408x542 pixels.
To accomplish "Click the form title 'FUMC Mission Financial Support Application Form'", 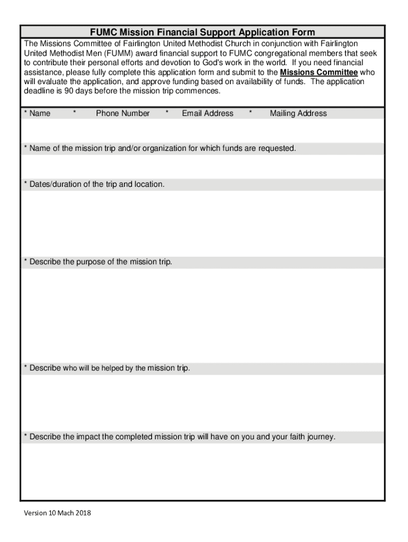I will click(202, 33).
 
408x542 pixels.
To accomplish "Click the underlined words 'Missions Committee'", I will click(318, 73).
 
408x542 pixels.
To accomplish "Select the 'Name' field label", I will click(40, 113).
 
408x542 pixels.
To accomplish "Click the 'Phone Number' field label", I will click(122, 113).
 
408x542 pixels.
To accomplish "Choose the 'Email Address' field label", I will click(207, 113).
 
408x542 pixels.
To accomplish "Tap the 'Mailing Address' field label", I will click(298, 113).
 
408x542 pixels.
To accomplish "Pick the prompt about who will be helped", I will click(107, 368).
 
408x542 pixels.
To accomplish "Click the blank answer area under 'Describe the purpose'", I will click(202, 315).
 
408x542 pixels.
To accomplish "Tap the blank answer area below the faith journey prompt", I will click(202, 471).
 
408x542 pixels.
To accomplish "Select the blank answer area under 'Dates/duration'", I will click(202, 222).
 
